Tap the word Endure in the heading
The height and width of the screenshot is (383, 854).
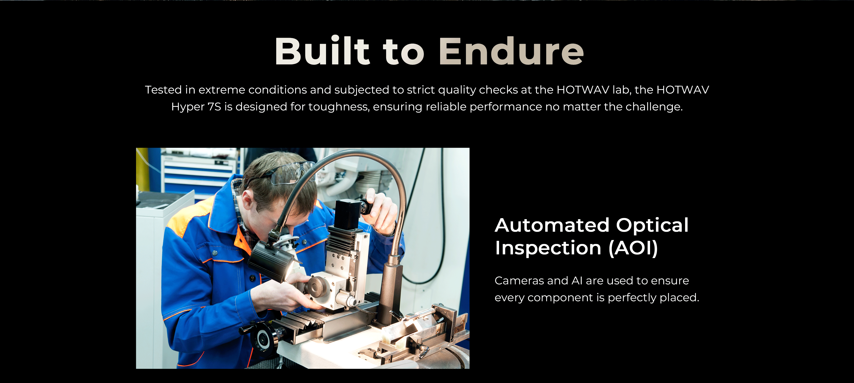tap(511, 51)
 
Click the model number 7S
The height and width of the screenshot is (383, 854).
tap(214, 107)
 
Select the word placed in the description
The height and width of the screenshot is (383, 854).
tap(680, 298)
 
